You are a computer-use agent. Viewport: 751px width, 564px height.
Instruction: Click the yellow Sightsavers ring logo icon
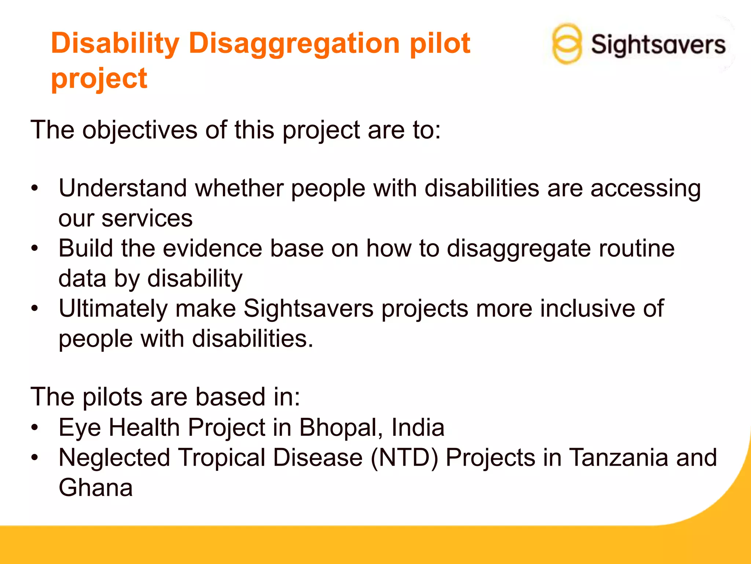click(x=567, y=44)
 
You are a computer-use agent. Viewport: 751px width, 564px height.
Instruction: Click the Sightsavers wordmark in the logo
click(x=658, y=45)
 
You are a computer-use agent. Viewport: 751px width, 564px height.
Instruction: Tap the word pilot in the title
click(x=440, y=43)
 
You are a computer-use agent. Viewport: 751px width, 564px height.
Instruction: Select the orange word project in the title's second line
click(x=99, y=79)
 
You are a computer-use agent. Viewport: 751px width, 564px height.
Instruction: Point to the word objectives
click(x=140, y=130)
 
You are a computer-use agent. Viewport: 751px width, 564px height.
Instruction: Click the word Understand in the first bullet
click(x=123, y=188)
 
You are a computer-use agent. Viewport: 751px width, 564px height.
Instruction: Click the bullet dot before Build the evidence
click(x=34, y=248)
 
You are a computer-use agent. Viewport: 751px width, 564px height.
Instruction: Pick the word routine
click(x=637, y=249)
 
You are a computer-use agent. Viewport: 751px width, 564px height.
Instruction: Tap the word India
click(x=418, y=428)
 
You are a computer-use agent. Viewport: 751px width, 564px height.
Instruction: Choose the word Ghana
click(x=96, y=488)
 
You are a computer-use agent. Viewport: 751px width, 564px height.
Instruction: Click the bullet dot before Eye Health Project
click(x=34, y=428)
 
